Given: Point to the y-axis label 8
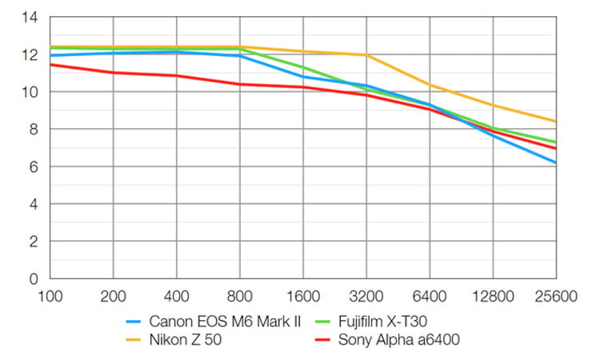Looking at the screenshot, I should click(x=33, y=130).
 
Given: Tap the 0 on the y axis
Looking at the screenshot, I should click(x=33, y=279).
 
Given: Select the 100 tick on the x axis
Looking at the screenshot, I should click(x=50, y=297).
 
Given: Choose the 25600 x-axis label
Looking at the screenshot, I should click(x=556, y=297).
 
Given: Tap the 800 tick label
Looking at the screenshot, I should click(x=240, y=297).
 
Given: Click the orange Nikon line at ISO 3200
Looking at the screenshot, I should click(x=366, y=55).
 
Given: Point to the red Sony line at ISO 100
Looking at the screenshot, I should click(x=50, y=65).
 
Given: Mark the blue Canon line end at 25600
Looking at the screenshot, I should click(x=554, y=162).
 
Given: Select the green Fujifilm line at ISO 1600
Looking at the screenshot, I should click(x=303, y=67).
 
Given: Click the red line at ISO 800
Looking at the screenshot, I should click(x=240, y=84).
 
